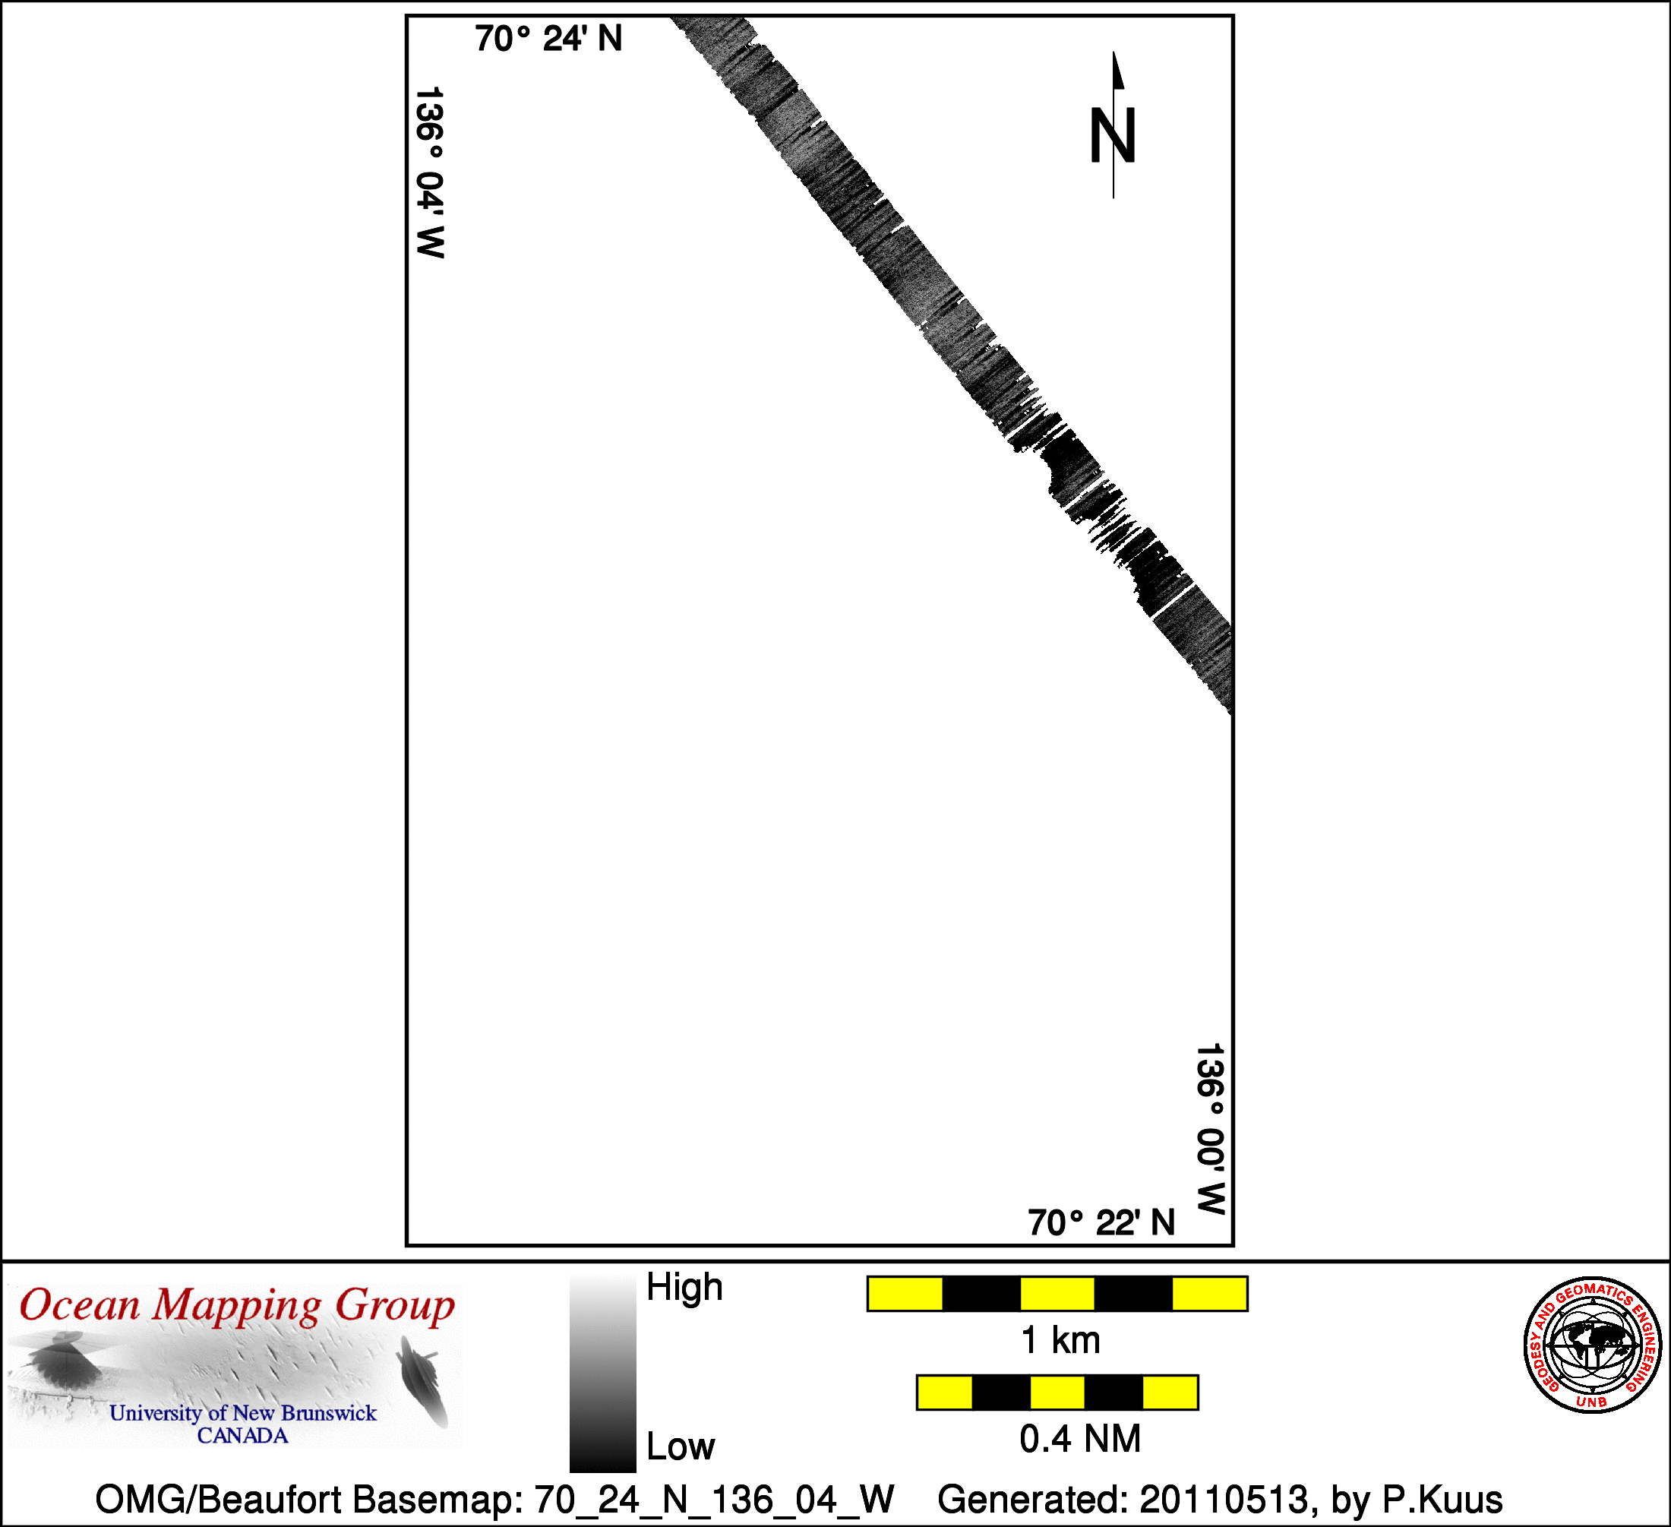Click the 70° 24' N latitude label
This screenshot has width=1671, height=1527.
pyautogui.click(x=548, y=39)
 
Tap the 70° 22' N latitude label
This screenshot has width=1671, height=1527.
pyautogui.click(x=1101, y=1223)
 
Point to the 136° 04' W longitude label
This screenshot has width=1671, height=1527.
pyautogui.click(x=429, y=172)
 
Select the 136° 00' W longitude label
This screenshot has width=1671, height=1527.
pyautogui.click(x=1210, y=1129)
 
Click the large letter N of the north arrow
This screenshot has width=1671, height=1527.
pyautogui.click(x=1112, y=136)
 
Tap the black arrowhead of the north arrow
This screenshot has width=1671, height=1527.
pyautogui.click(x=1117, y=70)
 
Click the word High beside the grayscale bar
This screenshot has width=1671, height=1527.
pyautogui.click(x=684, y=1288)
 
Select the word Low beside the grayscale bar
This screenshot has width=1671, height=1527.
pyautogui.click(x=681, y=1446)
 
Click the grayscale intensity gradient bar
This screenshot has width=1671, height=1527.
pyautogui.click(x=602, y=1374)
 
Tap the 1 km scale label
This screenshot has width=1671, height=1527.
pyautogui.click(x=1061, y=1340)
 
